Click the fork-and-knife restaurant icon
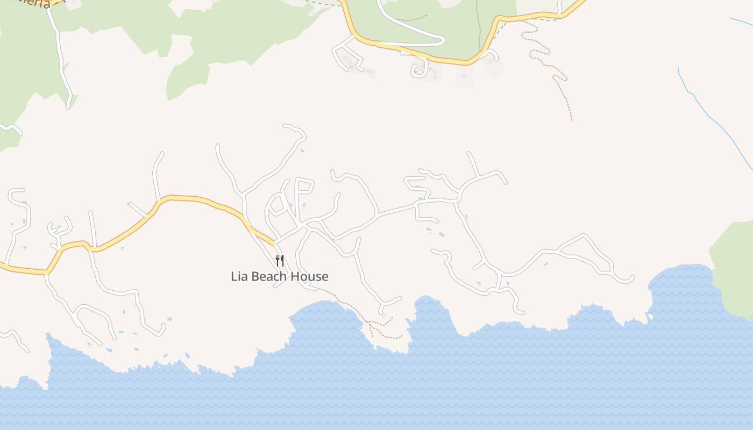pyautogui.click(x=280, y=261)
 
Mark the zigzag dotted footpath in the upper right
pyautogui.click(x=549, y=59)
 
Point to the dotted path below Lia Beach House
pyautogui.click(x=350, y=304)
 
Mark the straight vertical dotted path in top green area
pyautogui.click(x=478, y=27)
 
